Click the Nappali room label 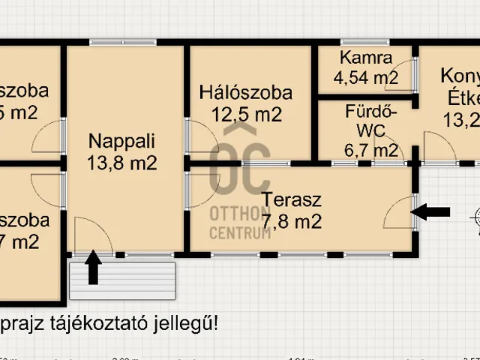click(121, 140)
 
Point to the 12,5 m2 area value click(245, 115)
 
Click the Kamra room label click(365, 58)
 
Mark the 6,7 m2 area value click(371, 150)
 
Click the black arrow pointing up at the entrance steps click(93, 269)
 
